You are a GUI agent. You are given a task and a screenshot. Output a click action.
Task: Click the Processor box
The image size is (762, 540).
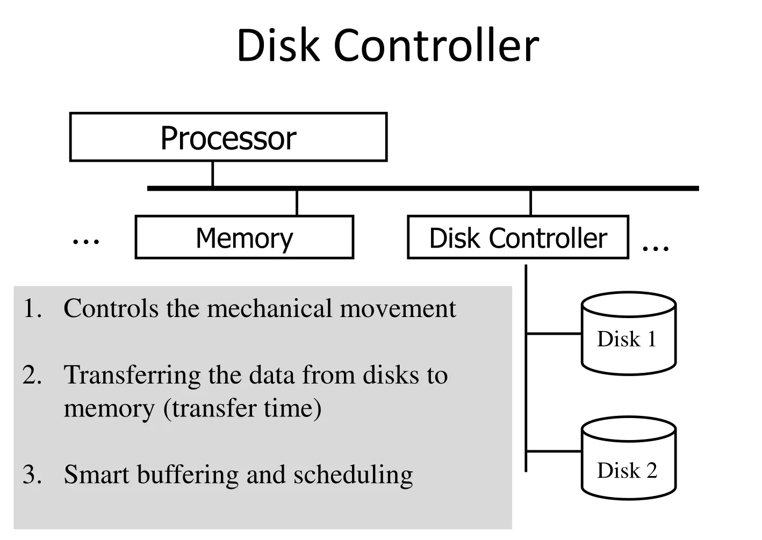[x=228, y=138]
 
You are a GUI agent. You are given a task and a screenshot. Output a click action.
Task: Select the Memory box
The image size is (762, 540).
[x=245, y=237]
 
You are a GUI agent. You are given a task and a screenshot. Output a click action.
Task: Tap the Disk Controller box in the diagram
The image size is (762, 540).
[x=518, y=237]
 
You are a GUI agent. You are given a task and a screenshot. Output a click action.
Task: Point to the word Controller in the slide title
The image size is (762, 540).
[x=436, y=45]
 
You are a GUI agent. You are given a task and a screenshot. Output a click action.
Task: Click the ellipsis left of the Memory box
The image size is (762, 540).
[x=86, y=242]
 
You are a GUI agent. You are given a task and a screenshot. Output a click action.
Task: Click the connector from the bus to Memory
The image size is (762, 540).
[x=297, y=203]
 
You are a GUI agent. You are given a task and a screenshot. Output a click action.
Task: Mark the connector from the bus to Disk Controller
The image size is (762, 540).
[x=531, y=203]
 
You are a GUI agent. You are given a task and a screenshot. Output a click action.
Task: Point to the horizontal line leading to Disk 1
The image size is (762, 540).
[x=553, y=334]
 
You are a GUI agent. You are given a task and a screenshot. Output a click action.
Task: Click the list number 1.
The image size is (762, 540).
[x=32, y=309]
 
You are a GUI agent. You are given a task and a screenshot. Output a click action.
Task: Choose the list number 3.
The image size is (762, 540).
[x=32, y=475]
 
